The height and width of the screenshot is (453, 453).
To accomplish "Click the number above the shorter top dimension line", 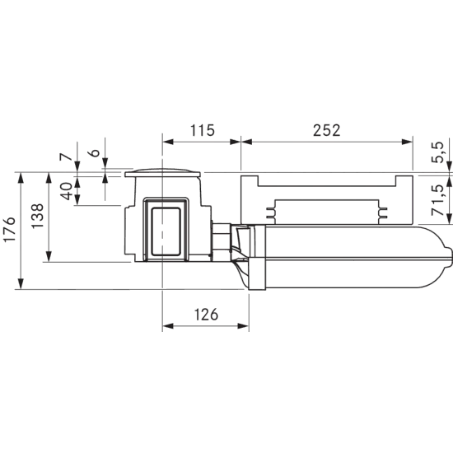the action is [200, 128].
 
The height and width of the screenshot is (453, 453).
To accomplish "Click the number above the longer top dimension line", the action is [326, 128].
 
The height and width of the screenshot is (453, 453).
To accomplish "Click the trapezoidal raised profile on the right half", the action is [329, 210].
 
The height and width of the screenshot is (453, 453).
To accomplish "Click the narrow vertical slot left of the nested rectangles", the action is [127, 235].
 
